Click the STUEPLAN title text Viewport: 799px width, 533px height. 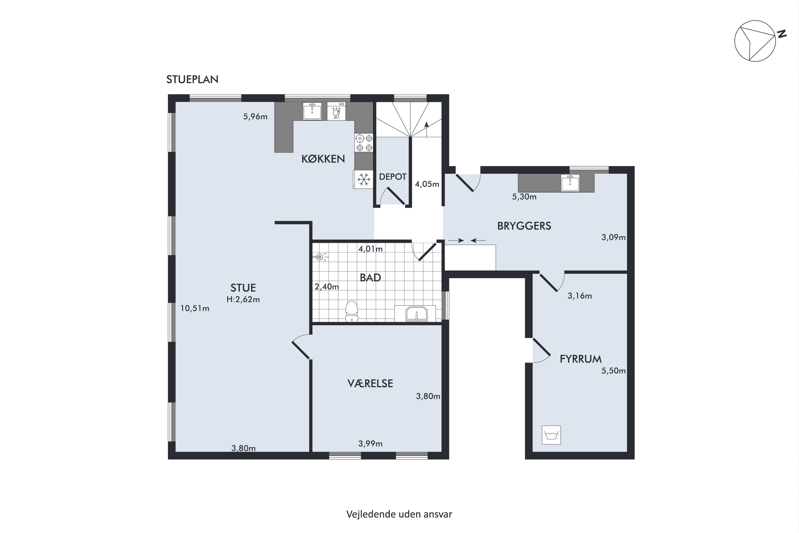tap(192, 79)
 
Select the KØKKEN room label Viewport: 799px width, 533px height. tap(323, 159)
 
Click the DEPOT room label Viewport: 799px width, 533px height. tap(393, 177)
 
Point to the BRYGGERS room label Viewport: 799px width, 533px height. tap(524, 226)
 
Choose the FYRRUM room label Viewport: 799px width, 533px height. tap(581, 359)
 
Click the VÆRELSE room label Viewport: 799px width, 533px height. tap(370, 383)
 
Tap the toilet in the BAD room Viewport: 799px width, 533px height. tap(352, 311)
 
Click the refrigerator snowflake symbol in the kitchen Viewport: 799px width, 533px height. tap(364, 179)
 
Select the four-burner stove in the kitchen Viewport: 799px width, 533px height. tap(364, 143)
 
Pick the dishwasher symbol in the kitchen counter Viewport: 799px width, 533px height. tap(336, 111)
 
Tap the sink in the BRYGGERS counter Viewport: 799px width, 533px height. tap(570, 183)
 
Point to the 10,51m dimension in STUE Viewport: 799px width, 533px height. tap(195, 308)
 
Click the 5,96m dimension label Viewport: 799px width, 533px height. tap(255, 117)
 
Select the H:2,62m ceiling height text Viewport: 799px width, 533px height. tap(243, 300)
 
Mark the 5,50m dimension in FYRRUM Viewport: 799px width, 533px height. tap(614, 370)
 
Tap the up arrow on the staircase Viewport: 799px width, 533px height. tap(426, 128)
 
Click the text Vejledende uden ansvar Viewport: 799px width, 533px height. tap(399, 514)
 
